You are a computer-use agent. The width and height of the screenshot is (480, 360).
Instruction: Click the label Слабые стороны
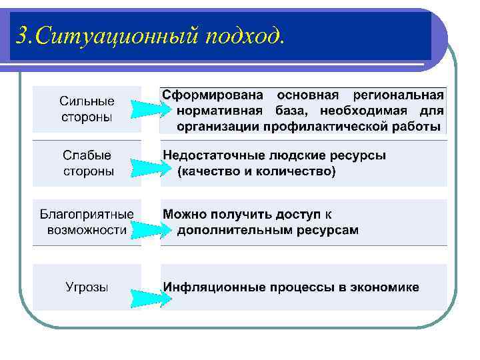[x=87, y=163]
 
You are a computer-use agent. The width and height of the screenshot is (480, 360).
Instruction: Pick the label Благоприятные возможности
[x=87, y=222]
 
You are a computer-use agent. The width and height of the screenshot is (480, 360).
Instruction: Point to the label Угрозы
[x=87, y=287]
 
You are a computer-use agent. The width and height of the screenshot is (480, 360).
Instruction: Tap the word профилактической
[x=327, y=126]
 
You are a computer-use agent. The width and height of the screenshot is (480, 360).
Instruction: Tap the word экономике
[x=383, y=287]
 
